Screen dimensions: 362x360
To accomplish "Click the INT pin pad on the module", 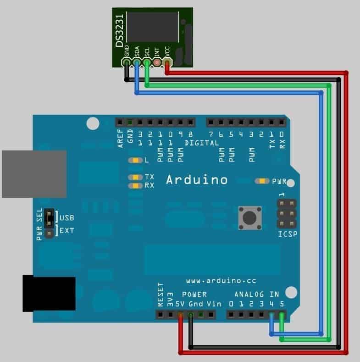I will (x=157, y=61).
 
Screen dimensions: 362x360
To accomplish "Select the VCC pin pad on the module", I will (x=167, y=61).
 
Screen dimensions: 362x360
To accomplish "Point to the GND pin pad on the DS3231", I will (x=126, y=61).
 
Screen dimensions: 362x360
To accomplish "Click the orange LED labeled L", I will (x=136, y=161).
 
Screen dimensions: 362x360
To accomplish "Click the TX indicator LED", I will (x=136, y=177).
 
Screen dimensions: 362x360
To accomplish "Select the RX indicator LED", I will (x=136, y=185).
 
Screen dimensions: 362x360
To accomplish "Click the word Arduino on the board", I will (x=196, y=180).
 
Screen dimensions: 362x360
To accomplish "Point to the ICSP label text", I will (x=287, y=235).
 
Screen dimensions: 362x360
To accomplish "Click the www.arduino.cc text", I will (x=216, y=280).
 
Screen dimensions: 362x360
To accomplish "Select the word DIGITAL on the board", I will (x=202, y=143).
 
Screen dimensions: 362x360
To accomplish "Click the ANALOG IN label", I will (x=257, y=294).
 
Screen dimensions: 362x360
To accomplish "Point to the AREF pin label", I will (x=121, y=138).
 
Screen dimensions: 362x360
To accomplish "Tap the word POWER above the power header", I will (x=194, y=294).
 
